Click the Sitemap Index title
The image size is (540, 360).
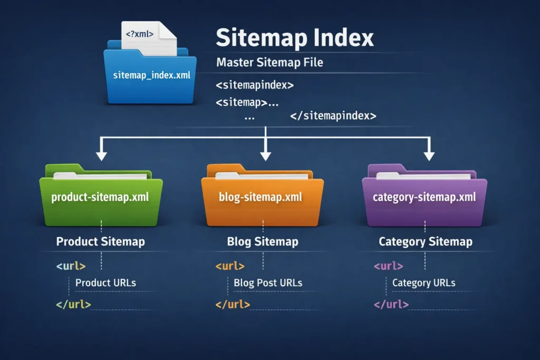[295, 38]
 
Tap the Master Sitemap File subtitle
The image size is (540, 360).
[269, 63]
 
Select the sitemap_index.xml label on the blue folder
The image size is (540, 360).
[152, 76]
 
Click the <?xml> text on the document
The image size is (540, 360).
[140, 34]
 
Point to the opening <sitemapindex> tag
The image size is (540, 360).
[255, 85]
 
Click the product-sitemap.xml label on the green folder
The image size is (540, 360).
[100, 198]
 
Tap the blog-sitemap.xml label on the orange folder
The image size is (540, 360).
[260, 198]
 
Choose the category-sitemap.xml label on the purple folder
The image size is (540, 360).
[424, 198]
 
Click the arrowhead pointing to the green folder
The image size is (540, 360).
[101, 155]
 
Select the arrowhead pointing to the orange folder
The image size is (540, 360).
[265, 155]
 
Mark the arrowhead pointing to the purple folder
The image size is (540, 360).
[429, 155]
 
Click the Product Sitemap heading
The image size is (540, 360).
[100, 242]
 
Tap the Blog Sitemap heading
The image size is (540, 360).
[263, 242]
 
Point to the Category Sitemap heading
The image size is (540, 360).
[426, 242]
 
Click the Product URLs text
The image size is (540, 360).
[105, 283]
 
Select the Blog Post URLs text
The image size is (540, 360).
[268, 283]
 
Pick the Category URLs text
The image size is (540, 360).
[423, 283]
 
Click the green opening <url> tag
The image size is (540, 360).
[71, 266]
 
